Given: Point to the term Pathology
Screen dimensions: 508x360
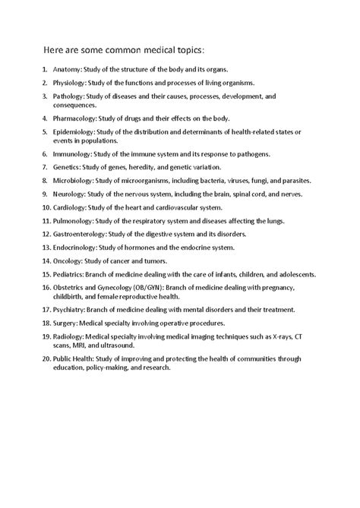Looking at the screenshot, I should click(68, 97).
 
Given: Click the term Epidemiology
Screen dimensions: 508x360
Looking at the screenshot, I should click(74, 132).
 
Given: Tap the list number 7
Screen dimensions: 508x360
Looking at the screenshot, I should click(43, 168).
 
